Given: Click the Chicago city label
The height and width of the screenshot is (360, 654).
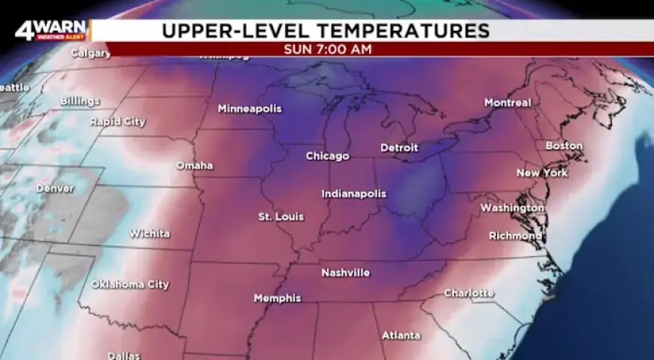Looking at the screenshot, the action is tap(327, 156).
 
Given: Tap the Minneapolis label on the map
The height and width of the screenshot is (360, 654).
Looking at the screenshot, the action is tap(250, 109).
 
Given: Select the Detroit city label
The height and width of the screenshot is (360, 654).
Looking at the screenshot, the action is tap(399, 148).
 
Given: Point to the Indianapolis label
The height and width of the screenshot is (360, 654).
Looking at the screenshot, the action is tap(353, 194).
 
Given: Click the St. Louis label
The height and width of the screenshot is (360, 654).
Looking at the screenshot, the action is tap(281, 217).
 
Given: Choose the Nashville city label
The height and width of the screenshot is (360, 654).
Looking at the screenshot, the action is tap(346, 273).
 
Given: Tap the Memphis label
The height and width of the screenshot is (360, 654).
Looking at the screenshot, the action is tap(277, 298).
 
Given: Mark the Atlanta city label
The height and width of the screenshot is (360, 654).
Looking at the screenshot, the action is tap(401, 335).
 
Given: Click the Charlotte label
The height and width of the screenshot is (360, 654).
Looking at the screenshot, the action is tap(469, 293).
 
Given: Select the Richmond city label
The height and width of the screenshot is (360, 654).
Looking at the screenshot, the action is tap(515, 236).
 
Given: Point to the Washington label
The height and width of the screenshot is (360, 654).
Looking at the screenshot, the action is tap(512, 207).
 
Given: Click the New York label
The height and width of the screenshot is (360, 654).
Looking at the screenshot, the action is tap(542, 174).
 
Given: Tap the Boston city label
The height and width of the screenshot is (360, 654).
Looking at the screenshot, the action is tap(564, 146).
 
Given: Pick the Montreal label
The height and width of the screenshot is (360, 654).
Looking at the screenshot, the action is tap(507, 103).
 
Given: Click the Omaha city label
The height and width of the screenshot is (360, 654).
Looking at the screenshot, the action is tap(195, 165).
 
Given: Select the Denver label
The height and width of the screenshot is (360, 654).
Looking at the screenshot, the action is tap(55, 189).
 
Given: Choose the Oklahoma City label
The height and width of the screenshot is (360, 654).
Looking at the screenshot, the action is tap(130, 285).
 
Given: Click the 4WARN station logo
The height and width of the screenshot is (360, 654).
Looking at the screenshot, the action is tap(51, 32).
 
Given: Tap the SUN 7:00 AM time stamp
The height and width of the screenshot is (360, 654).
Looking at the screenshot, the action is tap(327, 50).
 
